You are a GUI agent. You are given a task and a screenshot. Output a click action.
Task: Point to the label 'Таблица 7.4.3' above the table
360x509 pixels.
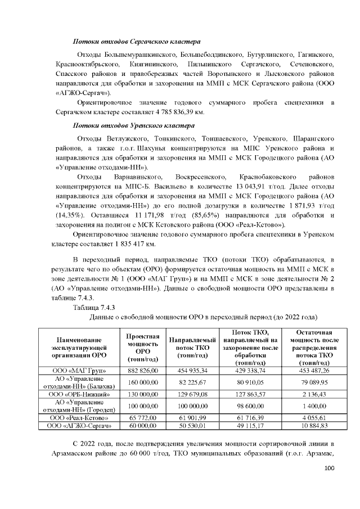94,307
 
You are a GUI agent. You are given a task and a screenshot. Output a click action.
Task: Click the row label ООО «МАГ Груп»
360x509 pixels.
79,371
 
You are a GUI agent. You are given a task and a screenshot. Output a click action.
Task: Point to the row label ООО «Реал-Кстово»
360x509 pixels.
79,418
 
